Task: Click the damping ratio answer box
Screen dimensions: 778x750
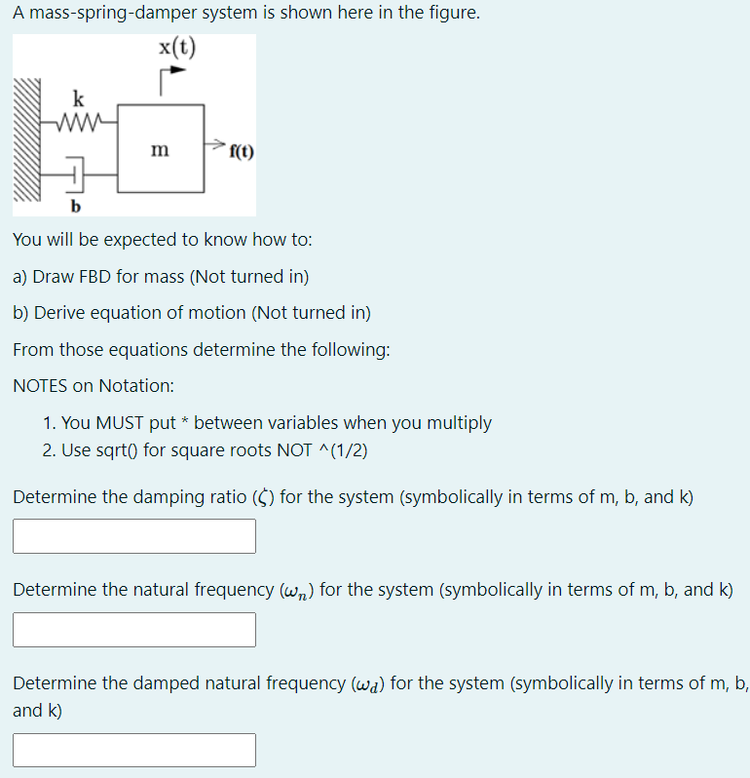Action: (134, 536)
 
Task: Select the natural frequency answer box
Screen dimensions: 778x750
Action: (134, 630)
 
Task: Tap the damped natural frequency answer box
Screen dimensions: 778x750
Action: (134, 750)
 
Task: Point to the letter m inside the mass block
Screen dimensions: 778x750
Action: (160, 149)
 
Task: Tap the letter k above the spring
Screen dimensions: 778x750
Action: (78, 98)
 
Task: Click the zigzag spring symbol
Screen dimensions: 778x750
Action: (79, 122)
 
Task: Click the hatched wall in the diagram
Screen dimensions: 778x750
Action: (28, 146)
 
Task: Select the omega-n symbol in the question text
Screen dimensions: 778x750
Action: (294, 591)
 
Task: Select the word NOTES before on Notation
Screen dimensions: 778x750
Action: (40, 385)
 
